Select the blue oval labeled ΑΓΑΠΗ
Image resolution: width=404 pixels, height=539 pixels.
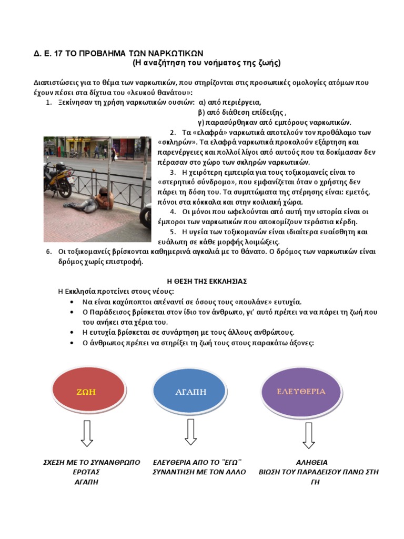(x=191, y=392)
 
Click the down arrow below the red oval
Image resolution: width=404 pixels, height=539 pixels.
(x=87, y=434)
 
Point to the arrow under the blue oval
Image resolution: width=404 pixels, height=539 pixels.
(x=191, y=432)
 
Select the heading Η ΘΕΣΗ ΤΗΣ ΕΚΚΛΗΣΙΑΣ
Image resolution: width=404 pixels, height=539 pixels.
(x=203, y=281)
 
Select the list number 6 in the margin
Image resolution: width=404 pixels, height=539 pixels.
(x=49, y=252)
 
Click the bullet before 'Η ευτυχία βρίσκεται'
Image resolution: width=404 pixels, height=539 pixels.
(x=72, y=333)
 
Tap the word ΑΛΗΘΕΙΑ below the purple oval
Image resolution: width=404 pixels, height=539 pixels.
(x=312, y=462)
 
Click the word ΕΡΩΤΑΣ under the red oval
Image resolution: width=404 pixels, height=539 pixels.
(x=87, y=472)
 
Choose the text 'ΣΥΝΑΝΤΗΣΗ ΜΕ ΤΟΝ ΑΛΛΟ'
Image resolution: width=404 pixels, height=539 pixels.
(x=199, y=472)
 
